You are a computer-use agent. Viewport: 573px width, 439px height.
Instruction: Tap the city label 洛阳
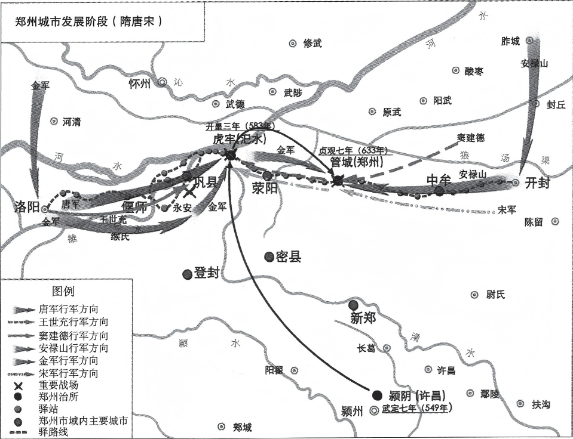tap(27, 207)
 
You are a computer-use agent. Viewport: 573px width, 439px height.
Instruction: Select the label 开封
tap(537, 183)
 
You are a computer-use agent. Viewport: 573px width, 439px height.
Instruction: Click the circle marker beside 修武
tap(293, 43)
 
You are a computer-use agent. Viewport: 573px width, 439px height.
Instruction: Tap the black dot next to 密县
tap(269, 256)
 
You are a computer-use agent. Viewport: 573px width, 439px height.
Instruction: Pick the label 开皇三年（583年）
tap(239, 126)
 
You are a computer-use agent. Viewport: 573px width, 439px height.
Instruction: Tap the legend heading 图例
tap(64, 292)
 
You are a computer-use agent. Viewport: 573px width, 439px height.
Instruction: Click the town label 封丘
tap(556, 104)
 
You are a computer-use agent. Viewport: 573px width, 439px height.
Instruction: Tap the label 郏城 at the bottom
tap(242, 427)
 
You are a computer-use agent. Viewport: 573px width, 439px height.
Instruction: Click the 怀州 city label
tap(140, 84)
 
